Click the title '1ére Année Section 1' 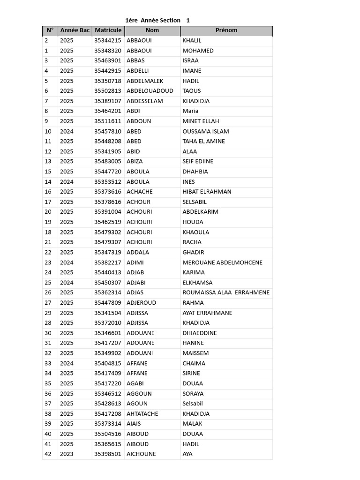pyautogui.click(x=157, y=20)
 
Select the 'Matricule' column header pyautogui.click(x=108, y=30)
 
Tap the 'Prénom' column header pyautogui.click(x=226, y=30)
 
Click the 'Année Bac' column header pyautogui.click(x=75, y=30)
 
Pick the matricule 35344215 pyautogui.click(x=108, y=41)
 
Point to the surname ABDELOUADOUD pyautogui.click(x=150, y=91)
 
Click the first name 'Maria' pyautogui.click(x=190, y=111)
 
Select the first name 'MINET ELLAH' pyautogui.click(x=201, y=121)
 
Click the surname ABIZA pyautogui.click(x=135, y=161)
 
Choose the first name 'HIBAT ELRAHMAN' pyautogui.click(x=207, y=192)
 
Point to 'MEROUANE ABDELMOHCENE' pyautogui.click(x=222, y=262)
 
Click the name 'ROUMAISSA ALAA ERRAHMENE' pyautogui.click(x=226, y=292)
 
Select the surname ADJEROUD pyautogui.click(x=142, y=303)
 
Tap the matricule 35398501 pyautogui.click(x=108, y=454)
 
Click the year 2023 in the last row pyautogui.click(x=67, y=454)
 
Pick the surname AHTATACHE pyautogui.click(x=142, y=414)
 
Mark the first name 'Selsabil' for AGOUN pyautogui.click(x=193, y=404)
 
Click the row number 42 pyautogui.click(x=48, y=454)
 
